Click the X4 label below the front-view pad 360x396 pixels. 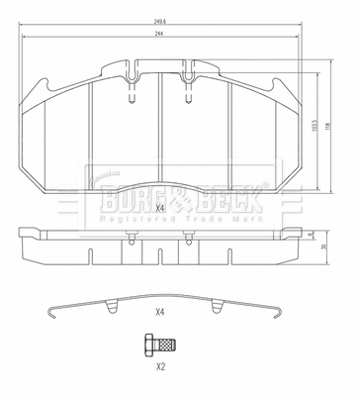160,209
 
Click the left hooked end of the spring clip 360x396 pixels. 54,316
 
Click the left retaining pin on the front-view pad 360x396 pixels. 132,89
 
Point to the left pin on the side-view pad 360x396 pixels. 132,236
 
